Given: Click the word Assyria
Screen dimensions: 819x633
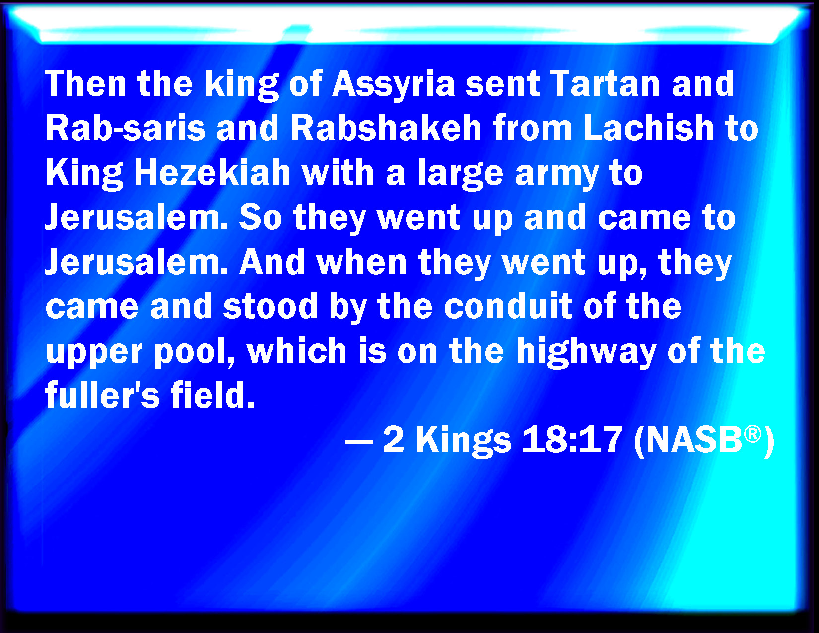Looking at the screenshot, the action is [393, 85].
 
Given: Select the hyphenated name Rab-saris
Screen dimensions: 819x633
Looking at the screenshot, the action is [126, 128].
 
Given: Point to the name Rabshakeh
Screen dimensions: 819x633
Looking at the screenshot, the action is [386, 128].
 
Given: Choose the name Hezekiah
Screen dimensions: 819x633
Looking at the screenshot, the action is [212, 172].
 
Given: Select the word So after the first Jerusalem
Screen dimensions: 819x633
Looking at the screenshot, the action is [261, 217].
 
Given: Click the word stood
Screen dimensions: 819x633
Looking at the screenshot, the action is [270, 306].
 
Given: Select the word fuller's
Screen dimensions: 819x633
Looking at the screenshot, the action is [103, 395].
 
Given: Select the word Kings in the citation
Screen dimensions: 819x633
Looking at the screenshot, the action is [464, 441].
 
